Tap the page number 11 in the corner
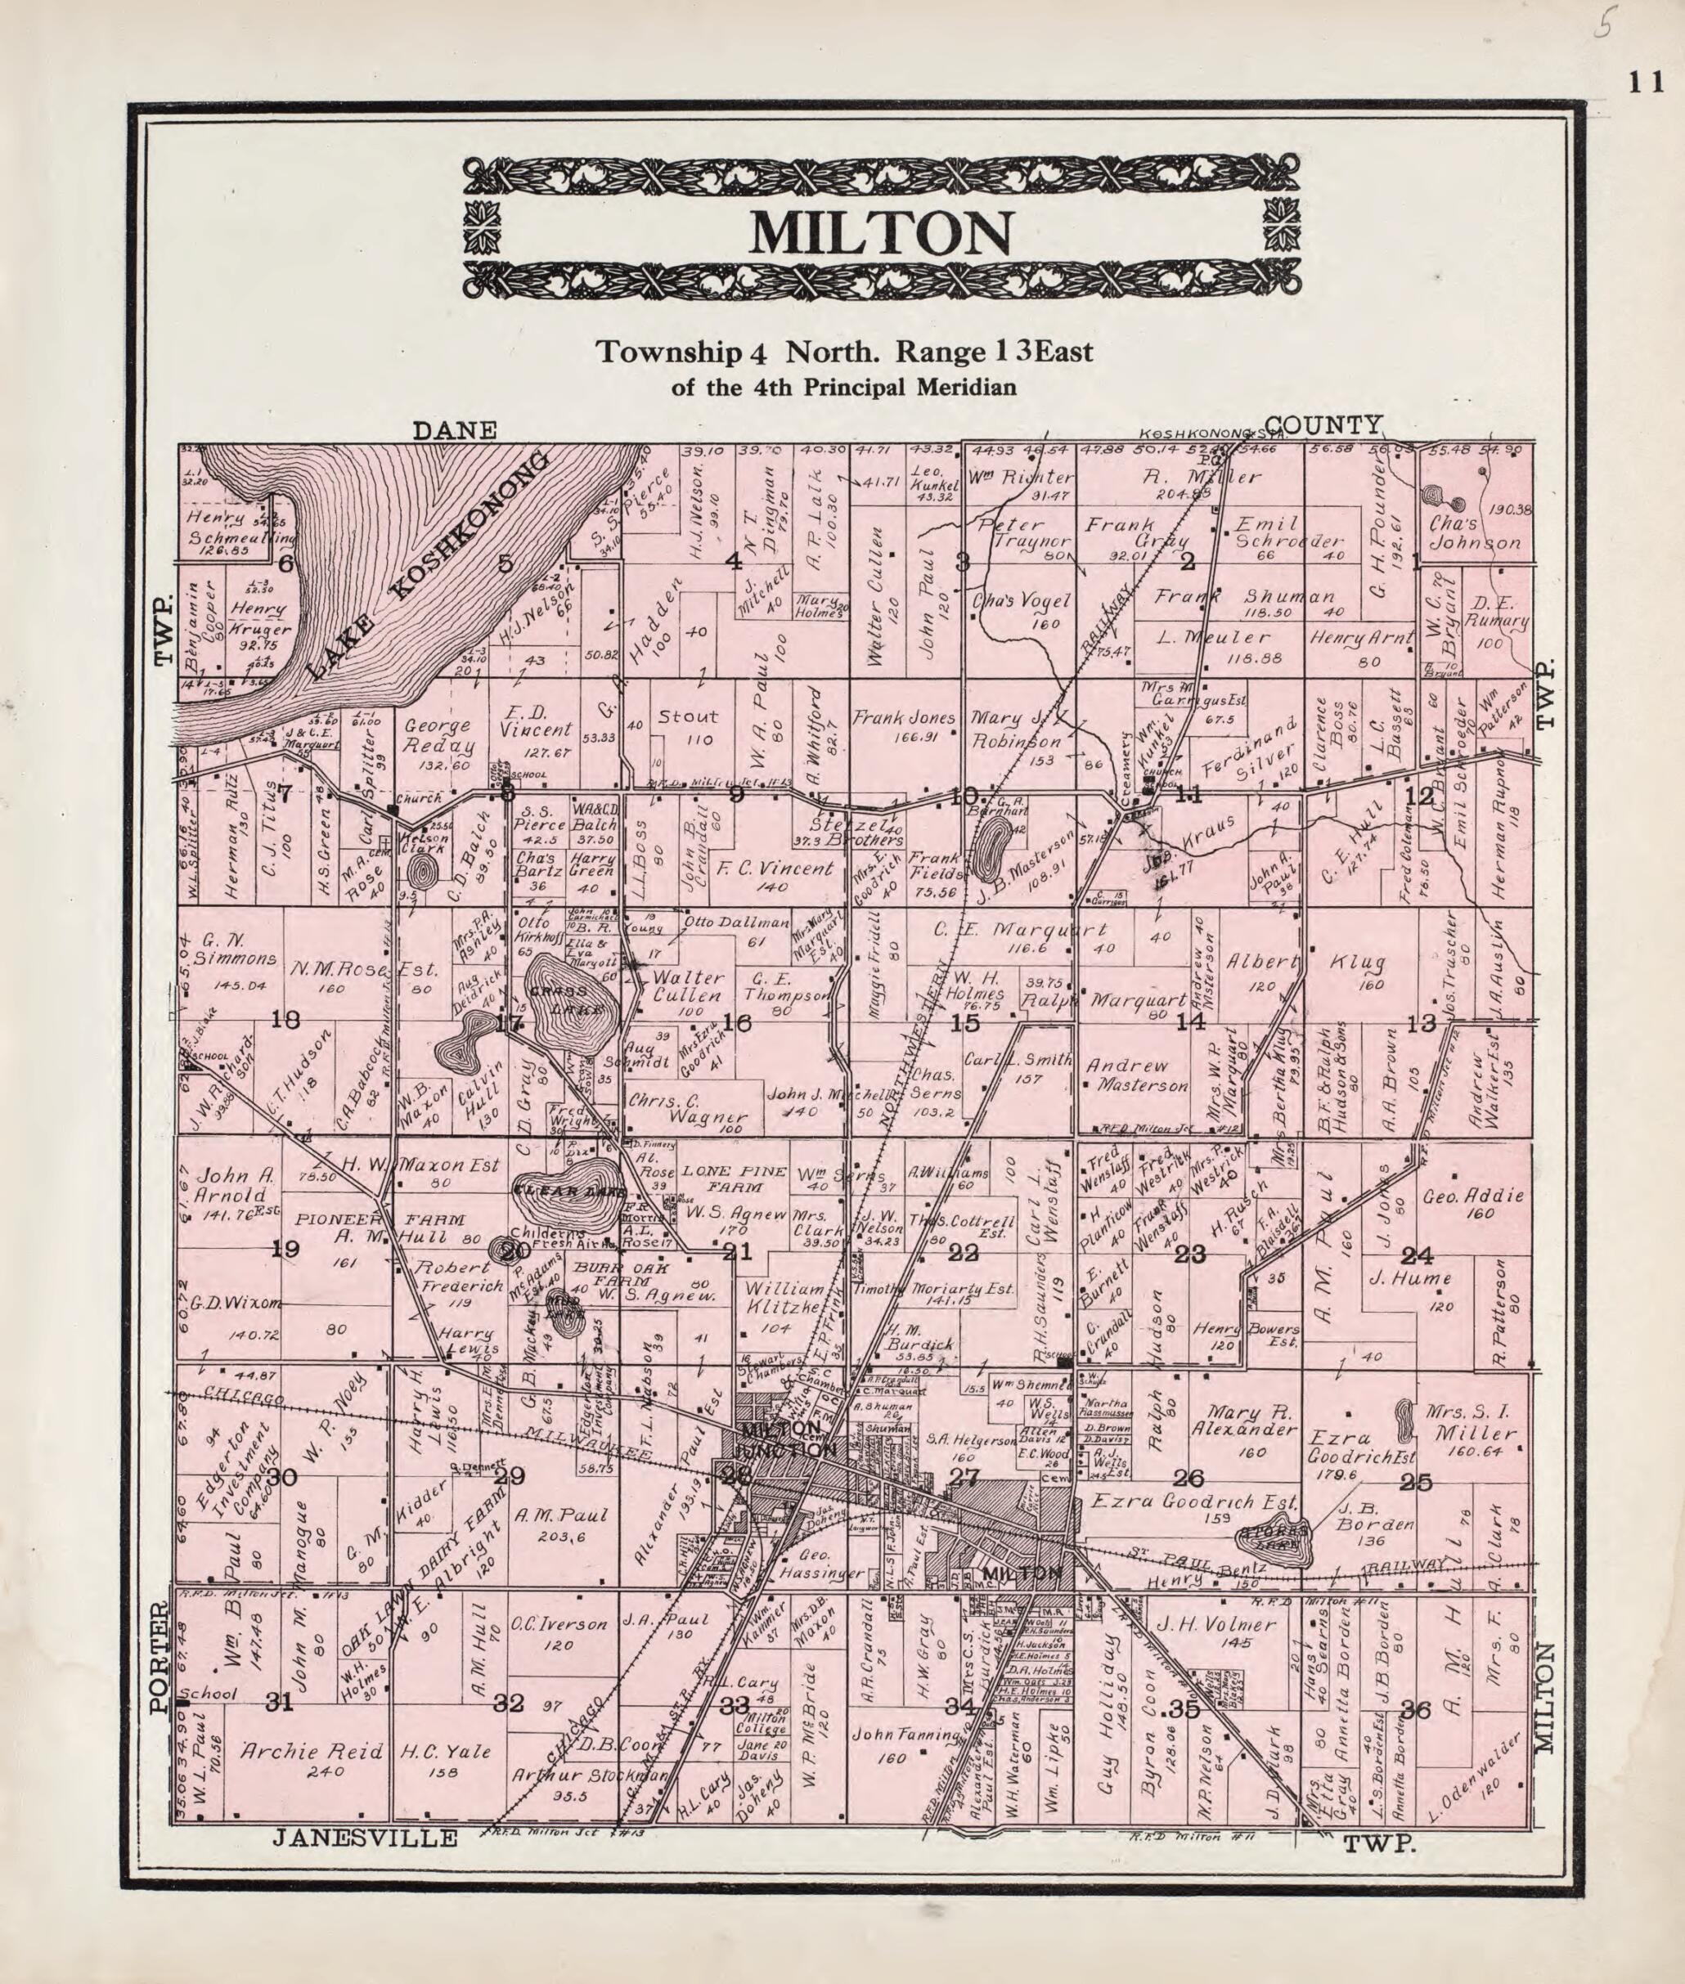(x=1646, y=83)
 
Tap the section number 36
(x=1416, y=1710)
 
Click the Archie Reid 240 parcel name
(x=311, y=1751)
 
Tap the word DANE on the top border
(x=455, y=430)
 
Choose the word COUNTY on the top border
(x=1324, y=424)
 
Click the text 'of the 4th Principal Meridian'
(x=843, y=387)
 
